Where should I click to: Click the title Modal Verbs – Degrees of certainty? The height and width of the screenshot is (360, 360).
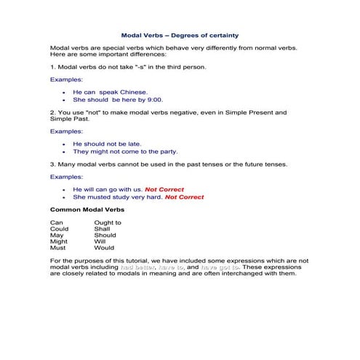click(179, 34)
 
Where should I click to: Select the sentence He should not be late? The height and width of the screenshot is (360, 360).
click(107, 144)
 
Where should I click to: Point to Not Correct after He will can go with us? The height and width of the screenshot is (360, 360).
click(164, 189)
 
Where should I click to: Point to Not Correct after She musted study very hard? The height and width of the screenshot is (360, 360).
click(184, 196)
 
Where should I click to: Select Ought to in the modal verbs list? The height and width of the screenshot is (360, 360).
click(108, 223)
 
